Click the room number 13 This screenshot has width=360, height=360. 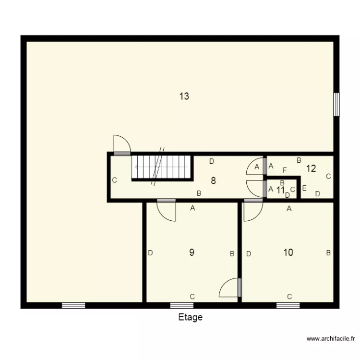pyautogui.click(x=184, y=96)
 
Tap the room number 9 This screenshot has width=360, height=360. pyautogui.click(x=192, y=252)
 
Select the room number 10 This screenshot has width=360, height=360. pyautogui.click(x=288, y=252)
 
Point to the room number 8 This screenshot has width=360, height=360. pyautogui.click(x=213, y=181)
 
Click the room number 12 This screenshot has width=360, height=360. pyautogui.click(x=311, y=168)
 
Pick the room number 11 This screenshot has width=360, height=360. pyautogui.click(x=281, y=189)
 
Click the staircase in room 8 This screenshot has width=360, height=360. pyautogui.click(x=162, y=167)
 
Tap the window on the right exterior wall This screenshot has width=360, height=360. pyautogui.click(x=336, y=104)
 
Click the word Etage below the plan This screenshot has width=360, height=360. pyautogui.click(x=191, y=317)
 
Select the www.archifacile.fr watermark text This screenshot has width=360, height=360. pyautogui.click(x=331, y=339)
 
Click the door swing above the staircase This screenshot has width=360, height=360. pyautogui.click(x=121, y=144)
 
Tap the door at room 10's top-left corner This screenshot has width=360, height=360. pyautogui.click(x=252, y=211)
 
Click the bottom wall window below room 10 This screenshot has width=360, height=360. pyautogui.click(x=288, y=305)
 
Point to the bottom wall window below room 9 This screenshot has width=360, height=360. pyautogui.click(x=182, y=305)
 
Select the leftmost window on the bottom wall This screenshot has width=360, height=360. pyautogui.click(x=73, y=305)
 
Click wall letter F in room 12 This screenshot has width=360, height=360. pyautogui.click(x=285, y=170)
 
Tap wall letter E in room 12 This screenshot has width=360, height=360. pyautogui.click(x=304, y=188)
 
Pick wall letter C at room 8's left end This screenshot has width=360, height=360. pyautogui.click(x=115, y=180)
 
